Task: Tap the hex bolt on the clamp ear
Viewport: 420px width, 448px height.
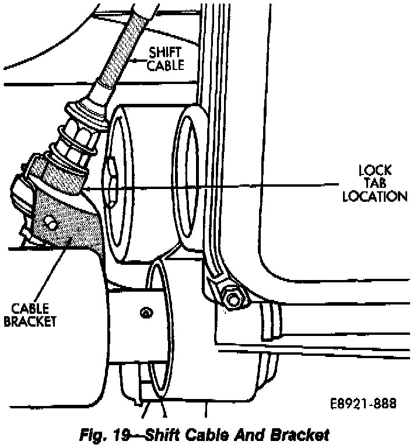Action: click(x=235, y=300)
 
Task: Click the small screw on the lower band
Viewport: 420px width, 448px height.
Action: click(x=143, y=313)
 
